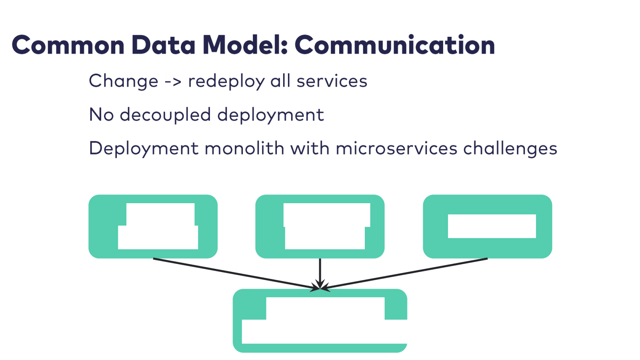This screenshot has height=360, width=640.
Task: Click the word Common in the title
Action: tap(68, 45)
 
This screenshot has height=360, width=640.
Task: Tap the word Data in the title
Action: tap(163, 45)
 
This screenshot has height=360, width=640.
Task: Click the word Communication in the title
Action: tap(395, 45)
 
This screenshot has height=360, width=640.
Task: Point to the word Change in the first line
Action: tap(124, 81)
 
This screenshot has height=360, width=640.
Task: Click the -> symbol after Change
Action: tap(173, 82)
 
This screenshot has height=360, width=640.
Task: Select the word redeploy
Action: tap(226, 82)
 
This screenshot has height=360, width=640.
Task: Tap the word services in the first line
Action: tap(332, 81)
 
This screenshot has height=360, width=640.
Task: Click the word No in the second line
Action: tap(102, 115)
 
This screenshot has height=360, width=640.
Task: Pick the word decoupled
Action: tap(165, 115)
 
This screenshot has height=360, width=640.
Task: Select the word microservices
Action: tap(396, 148)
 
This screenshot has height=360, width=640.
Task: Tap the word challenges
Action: tap(510, 149)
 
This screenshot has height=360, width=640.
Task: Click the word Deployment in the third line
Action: tap(144, 149)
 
